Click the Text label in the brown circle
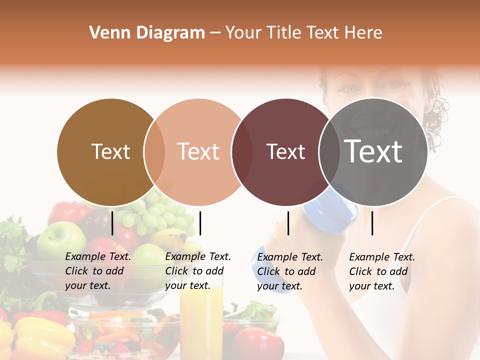coord(110,151)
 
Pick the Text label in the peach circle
coord(198,151)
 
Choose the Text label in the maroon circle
coord(285,151)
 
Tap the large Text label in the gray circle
coord(373,151)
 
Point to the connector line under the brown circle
coord(112,223)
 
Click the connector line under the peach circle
coord(200,223)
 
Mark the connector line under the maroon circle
coord(288,223)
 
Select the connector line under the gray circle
coord(372,223)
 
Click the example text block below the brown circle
coord(98,271)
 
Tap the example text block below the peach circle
coord(198,271)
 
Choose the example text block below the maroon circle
coord(290,271)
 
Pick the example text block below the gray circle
coord(382,271)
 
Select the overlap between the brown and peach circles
coord(154,151)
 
